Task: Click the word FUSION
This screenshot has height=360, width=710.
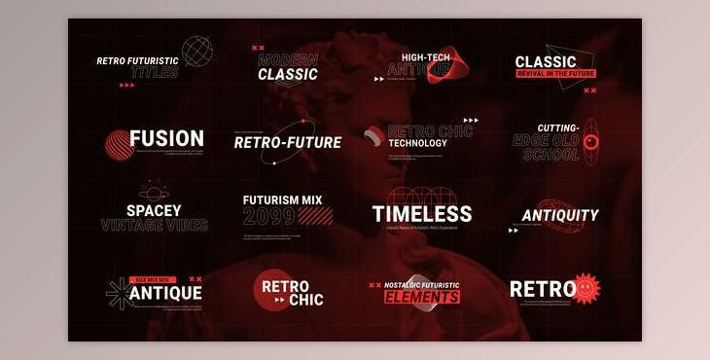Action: click(166, 138)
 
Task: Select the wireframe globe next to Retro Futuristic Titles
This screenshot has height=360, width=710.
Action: click(197, 51)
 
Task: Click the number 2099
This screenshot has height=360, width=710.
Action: click(268, 216)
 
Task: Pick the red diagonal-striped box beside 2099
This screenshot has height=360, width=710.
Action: click(315, 216)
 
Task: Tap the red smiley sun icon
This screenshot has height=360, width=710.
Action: click(586, 288)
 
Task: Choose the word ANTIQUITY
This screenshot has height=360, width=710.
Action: click(560, 215)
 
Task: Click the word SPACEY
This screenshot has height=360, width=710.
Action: click(154, 210)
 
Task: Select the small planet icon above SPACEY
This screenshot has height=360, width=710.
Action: click(151, 191)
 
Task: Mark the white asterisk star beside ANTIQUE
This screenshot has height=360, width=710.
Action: click(119, 293)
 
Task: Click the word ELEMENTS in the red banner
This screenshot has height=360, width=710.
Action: click(421, 296)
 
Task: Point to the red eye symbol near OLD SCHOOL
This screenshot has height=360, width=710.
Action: click(590, 142)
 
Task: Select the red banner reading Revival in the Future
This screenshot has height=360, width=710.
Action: click(554, 73)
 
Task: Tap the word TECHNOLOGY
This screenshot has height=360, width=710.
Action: click(417, 143)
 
